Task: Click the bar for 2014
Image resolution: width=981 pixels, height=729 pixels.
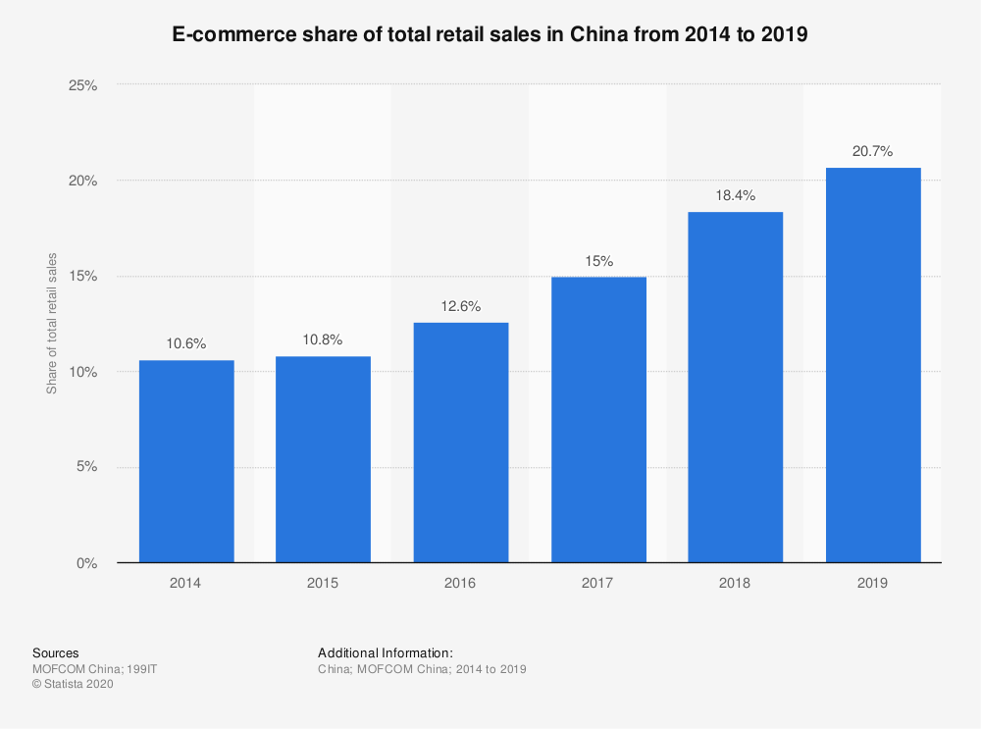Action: coord(186,461)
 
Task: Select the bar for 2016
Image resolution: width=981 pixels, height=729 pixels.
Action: coord(461,443)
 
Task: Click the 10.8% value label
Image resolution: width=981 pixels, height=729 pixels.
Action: coord(324,339)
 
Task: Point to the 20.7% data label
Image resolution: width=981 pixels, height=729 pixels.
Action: coord(873,151)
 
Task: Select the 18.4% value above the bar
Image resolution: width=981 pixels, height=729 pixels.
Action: coord(736,195)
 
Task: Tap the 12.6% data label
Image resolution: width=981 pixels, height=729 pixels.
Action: coord(461,306)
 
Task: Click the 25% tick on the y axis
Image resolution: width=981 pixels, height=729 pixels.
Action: coord(82,85)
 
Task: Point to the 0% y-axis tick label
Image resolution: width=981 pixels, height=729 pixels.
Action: coord(86,563)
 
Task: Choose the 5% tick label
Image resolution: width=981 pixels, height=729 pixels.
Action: coord(86,467)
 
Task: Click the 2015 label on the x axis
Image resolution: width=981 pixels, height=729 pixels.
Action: coord(323,583)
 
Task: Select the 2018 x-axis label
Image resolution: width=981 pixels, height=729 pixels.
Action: coord(735,583)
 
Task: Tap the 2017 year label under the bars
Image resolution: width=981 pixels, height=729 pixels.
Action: coord(597,583)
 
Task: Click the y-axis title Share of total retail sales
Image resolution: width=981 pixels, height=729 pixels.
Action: coord(52,323)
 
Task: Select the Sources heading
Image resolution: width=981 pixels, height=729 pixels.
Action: coord(56,652)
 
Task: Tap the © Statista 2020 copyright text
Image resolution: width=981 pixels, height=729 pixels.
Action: coord(74,685)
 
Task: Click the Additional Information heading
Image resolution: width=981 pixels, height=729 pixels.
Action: coord(386,652)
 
